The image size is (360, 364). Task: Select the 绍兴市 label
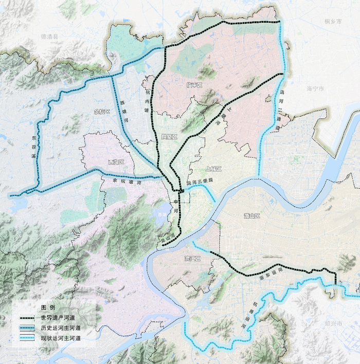(x=334, y=323)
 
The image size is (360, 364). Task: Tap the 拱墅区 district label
(x=169, y=137)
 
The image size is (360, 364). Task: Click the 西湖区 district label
(x=116, y=162)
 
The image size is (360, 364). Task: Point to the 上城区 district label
(x=213, y=169)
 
